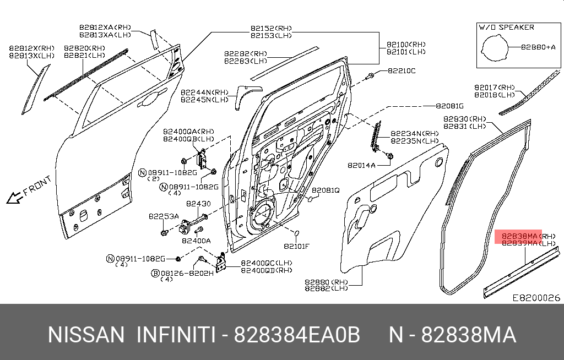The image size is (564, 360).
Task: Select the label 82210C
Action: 402,70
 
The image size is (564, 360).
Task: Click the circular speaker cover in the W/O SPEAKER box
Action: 494,48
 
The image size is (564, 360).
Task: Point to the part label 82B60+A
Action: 539,47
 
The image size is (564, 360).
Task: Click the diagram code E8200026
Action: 536,298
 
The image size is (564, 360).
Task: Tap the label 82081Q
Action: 326,190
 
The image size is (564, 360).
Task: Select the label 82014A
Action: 361,165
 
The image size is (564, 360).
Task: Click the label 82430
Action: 198,204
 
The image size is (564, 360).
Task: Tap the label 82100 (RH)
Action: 406,44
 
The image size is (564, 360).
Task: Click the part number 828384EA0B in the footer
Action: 297,335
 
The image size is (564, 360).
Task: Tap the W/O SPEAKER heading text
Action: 506,27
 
